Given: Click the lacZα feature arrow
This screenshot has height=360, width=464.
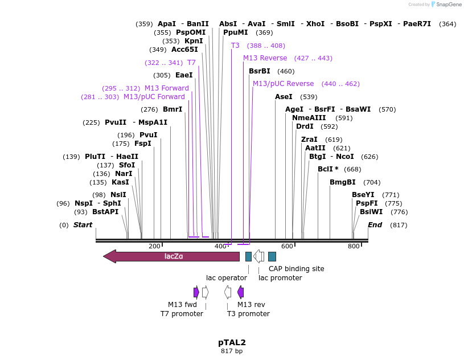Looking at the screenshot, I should [171, 256].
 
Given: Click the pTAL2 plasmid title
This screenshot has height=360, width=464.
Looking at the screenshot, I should [232, 342].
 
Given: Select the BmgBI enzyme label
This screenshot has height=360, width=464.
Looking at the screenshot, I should [343, 182].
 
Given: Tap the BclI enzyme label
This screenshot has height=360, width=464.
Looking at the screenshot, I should [328, 169].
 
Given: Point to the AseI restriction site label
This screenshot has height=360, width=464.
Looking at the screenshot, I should [284, 97].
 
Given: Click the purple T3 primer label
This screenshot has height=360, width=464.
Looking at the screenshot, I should [235, 46].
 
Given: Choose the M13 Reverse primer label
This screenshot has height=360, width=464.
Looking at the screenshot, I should [265, 58].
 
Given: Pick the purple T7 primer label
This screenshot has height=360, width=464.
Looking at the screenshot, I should [191, 63].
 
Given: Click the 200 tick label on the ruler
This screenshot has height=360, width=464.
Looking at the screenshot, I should [154, 246].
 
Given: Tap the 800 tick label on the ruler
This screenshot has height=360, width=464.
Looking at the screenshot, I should [354, 246].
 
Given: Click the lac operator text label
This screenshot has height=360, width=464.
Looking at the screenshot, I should [227, 278].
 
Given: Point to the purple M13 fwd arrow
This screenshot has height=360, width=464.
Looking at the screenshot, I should [196, 292].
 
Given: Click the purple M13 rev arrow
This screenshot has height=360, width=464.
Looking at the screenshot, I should [240, 292].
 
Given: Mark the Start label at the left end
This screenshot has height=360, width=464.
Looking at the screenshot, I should [83, 225].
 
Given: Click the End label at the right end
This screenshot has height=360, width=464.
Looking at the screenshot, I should [375, 225].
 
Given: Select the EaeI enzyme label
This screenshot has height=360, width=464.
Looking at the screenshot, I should [184, 75].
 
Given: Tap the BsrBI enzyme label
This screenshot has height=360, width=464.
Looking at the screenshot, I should [260, 71].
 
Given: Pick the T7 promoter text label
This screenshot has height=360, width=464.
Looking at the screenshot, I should [182, 314].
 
